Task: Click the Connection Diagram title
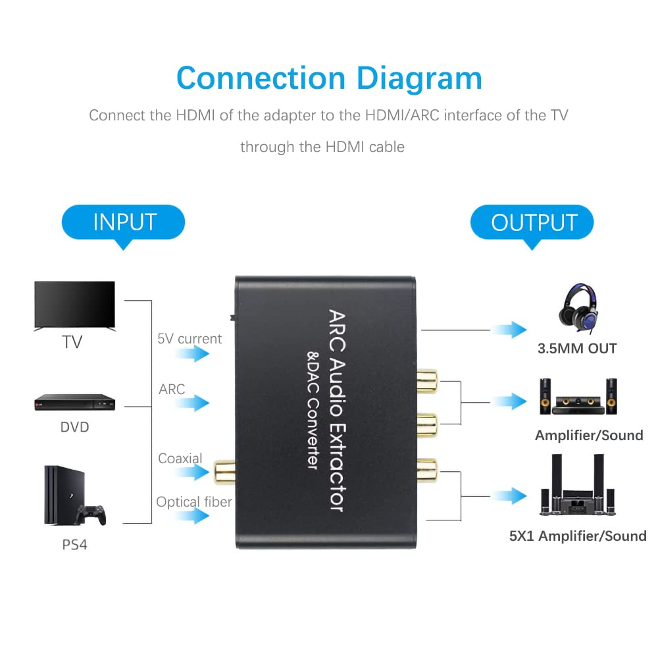click(329, 78)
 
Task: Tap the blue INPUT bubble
click(124, 222)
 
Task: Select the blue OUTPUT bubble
click(533, 222)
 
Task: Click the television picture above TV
click(74, 305)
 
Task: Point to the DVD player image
click(74, 402)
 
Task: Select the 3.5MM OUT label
click(577, 349)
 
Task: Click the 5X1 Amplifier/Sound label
click(578, 536)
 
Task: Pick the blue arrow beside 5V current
click(193, 354)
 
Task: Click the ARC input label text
click(172, 389)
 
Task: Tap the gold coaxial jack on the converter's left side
click(222, 470)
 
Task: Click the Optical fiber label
click(194, 502)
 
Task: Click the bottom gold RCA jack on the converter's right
click(428, 470)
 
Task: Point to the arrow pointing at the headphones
click(511, 330)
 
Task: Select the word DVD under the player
click(74, 427)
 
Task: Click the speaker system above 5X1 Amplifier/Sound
click(578, 488)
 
